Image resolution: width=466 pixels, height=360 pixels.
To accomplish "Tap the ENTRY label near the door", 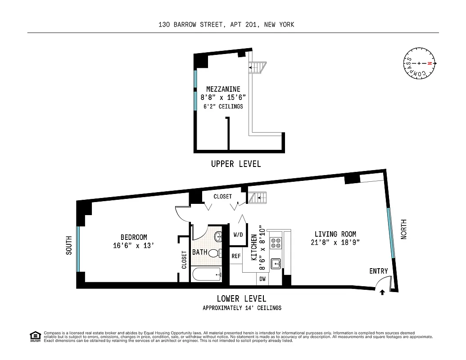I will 378,271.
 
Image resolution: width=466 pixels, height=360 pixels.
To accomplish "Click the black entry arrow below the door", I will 382,292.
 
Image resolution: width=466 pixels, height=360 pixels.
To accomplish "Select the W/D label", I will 238,235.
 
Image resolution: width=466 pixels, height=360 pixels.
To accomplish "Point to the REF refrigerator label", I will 236,256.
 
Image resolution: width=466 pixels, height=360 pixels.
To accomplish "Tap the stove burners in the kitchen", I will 275,243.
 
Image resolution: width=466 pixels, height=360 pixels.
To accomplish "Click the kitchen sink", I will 275,263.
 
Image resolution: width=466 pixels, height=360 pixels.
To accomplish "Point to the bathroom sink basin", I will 218,236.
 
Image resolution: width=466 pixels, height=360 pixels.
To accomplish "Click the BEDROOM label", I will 133,237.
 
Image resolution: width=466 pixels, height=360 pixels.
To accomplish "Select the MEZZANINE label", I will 223,89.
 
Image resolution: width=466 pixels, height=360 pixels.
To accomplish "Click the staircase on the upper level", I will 255,67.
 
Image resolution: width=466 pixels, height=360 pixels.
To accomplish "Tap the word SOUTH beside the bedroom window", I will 69,245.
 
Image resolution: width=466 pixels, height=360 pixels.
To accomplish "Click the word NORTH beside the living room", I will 403,229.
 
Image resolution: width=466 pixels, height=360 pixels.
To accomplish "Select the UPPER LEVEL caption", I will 235,164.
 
